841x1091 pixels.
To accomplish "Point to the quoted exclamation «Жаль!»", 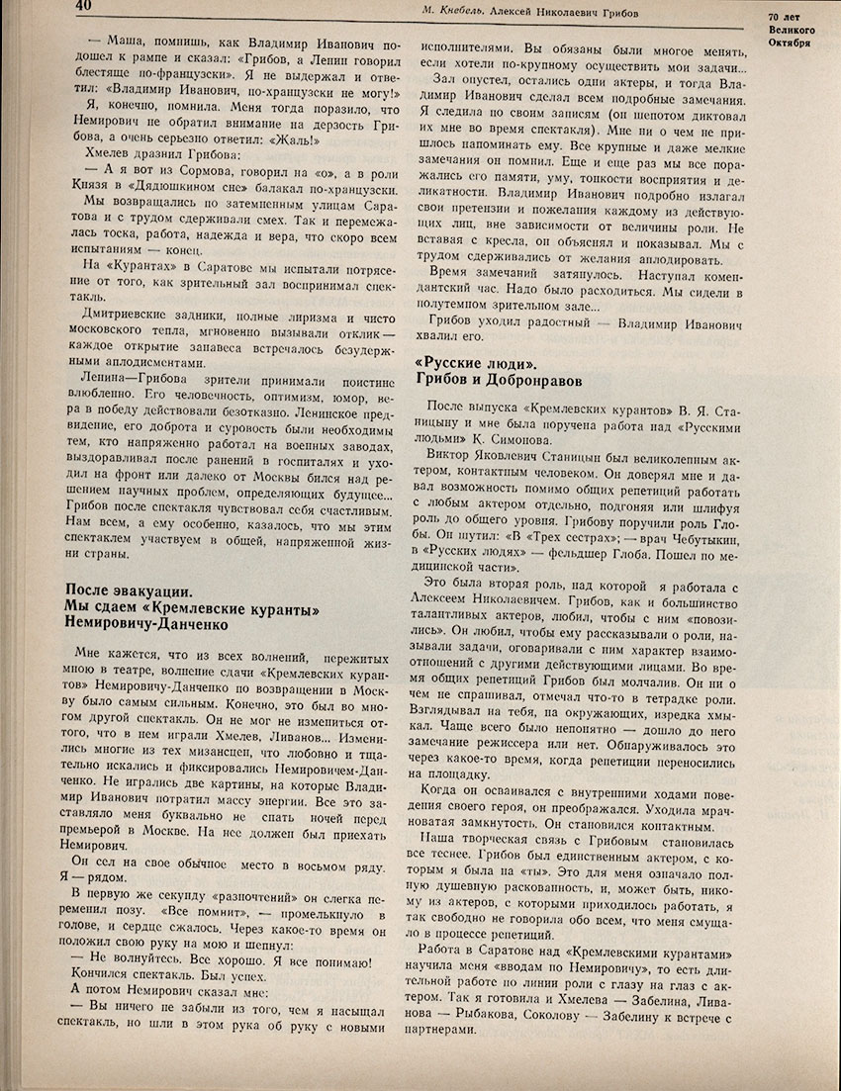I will (238, 139).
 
